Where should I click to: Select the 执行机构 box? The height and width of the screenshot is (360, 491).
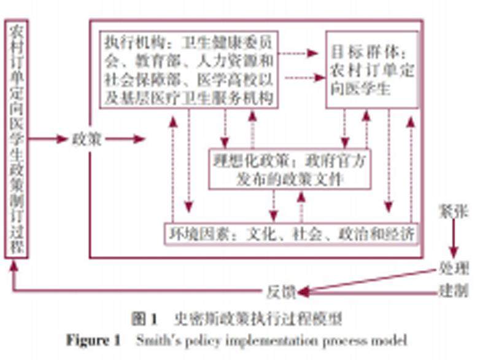pos(188,69)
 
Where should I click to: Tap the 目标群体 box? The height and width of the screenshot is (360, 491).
pos(371,69)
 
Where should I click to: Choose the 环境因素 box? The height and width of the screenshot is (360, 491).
pos(290,233)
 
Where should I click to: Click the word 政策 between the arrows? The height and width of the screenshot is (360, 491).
pos(86,139)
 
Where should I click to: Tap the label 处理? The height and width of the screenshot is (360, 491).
pos(454,268)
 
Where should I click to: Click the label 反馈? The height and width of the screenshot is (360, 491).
pos(282,291)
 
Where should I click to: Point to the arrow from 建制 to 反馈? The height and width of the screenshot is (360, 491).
pos(368,291)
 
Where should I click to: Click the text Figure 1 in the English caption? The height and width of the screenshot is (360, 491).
pos(94,340)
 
